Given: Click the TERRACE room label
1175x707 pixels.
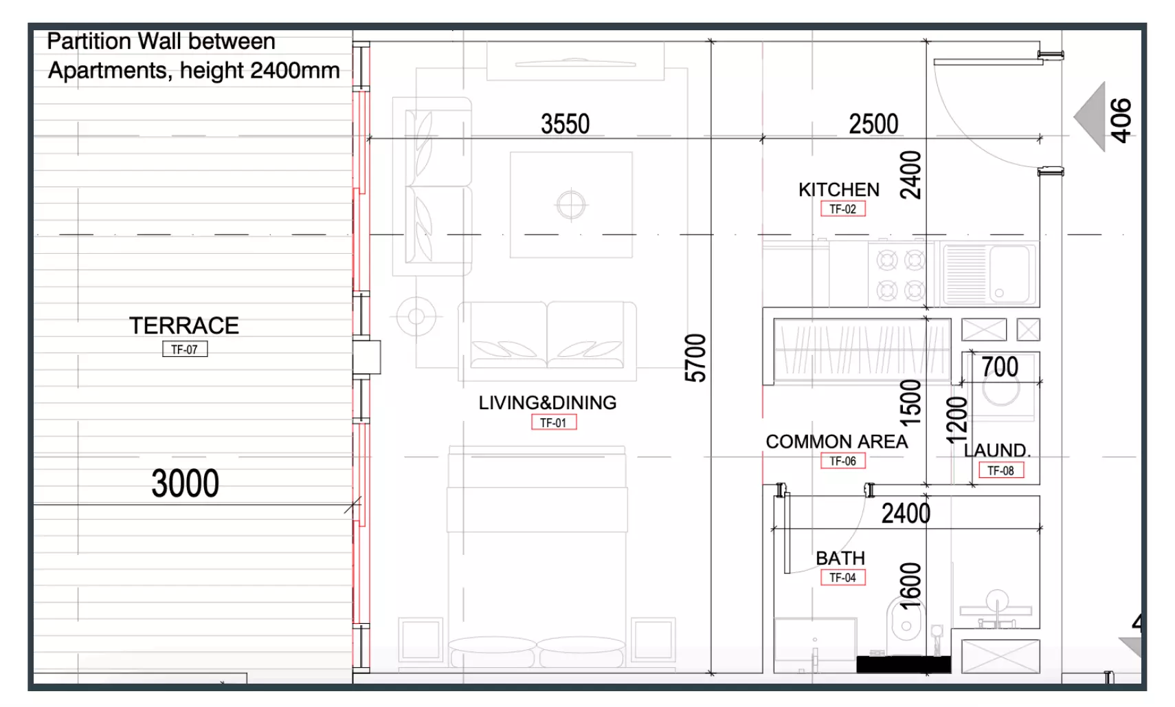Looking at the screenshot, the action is click(184, 325).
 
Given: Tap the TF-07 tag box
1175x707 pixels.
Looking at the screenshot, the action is click(185, 349).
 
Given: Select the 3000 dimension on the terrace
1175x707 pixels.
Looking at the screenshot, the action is click(185, 483).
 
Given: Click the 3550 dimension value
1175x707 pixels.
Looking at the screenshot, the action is click(566, 124).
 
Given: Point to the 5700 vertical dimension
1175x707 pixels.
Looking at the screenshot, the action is click(695, 358).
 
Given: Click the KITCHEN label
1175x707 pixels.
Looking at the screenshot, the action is click(839, 190).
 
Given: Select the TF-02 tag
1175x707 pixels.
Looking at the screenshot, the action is click(843, 209).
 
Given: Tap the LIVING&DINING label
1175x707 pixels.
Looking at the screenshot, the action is click(548, 402).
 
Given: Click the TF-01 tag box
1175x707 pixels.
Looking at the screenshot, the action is click(554, 422).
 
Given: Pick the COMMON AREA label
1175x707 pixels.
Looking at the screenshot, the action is click(837, 442).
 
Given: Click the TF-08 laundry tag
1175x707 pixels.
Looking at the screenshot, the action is click(1001, 470).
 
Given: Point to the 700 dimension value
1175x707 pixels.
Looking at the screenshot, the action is click(1000, 367).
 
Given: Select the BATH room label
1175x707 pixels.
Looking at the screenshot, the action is click(840, 558).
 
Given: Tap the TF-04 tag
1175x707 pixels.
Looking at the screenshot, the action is click(843, 577).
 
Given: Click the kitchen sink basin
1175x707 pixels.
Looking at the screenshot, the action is click(1010, 274).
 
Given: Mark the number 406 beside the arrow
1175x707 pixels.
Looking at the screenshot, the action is click(1121, 120).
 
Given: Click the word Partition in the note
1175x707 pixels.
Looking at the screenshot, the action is click(89, 41).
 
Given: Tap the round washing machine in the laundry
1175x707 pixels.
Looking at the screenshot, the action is click(1001, 389).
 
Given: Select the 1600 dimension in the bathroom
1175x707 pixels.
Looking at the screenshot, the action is click(910, 585).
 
